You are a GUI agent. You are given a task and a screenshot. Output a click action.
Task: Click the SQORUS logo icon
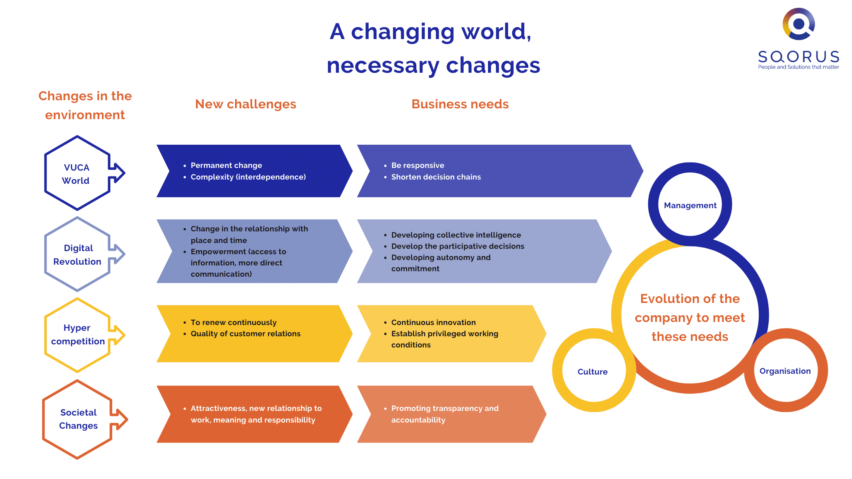[799, 24]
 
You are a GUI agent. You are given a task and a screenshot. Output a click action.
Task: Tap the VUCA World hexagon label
[76, 174]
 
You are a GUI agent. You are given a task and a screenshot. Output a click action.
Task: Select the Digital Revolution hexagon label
[77, 255]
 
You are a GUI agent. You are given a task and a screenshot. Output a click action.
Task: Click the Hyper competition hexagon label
[78, 335]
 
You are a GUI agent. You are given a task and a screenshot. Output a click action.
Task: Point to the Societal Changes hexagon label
[78, 419]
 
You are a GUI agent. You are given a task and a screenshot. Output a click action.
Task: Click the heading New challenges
[246, 104]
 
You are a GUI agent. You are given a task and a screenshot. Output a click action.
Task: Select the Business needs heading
[460, 104]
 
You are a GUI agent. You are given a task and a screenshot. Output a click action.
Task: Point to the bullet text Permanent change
[226, 165]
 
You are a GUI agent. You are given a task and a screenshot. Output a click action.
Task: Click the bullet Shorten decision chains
[436, 177]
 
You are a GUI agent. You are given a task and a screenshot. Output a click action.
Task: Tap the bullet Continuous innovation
[433, 322]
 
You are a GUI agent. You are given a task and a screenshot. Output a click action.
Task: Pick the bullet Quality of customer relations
[246, 334]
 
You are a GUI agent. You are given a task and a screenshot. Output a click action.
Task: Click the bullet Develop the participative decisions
[458, 246]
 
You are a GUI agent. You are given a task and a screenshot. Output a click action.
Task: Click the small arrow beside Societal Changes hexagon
[119, 419]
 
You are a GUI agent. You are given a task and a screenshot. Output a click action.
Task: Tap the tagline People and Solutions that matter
[799, 67]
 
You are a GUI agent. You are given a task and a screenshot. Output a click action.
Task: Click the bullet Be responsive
[417, 165]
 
